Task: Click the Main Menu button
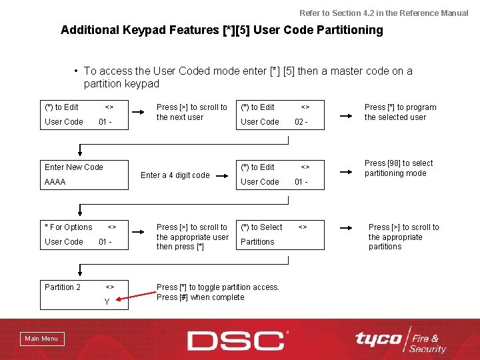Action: pos(41,339)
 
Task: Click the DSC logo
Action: pos(237,340)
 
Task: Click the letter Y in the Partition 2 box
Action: pos(107,302)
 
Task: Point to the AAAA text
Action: pos(55,181)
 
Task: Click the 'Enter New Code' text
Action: pos(74,167)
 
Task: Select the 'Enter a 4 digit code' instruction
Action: pos(175,175)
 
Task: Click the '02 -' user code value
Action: pos(301,122)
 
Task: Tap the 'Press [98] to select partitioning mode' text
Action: pos(398,168)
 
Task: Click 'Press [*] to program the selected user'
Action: pos(400,112)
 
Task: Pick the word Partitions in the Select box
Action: pos(257,242)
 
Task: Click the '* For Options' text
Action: pos(69,227)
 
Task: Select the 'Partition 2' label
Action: pos(63,287)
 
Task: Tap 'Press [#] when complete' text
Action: pos(200,297)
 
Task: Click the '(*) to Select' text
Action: pos(261,227)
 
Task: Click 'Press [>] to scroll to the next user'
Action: pos(191,112)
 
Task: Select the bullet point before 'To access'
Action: pos(78,71)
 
